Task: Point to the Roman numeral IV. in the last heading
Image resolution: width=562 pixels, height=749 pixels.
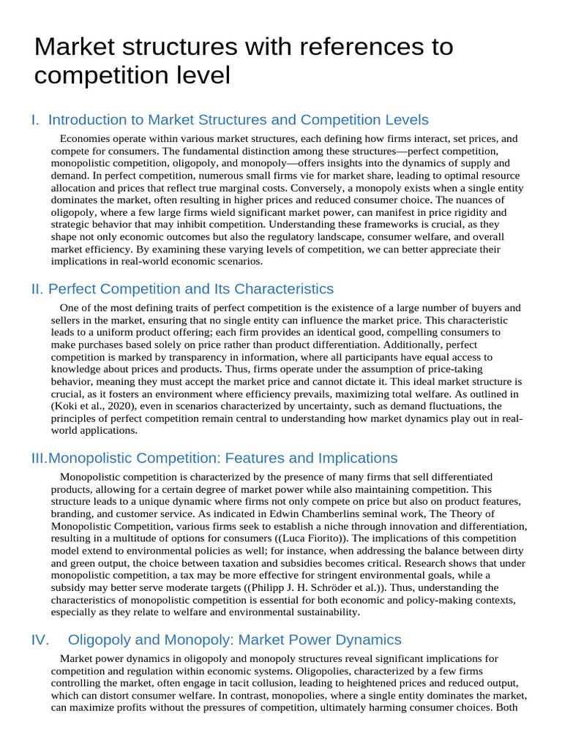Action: pyautogui.click(x=40, y=640)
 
